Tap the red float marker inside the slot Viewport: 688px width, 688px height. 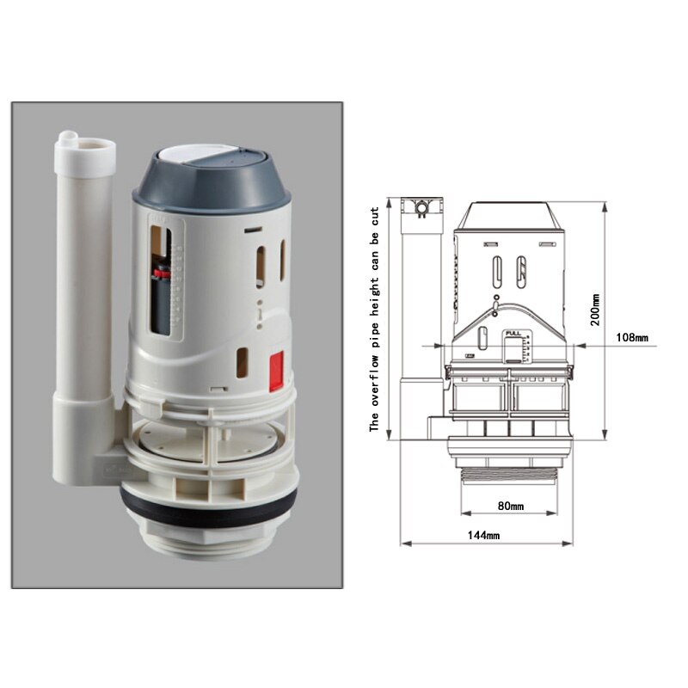coord(158,276)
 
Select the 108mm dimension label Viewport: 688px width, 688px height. coord(632,337)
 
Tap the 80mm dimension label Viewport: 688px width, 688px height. coord(510,506)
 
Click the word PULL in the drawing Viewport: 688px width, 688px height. coord(513,333)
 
